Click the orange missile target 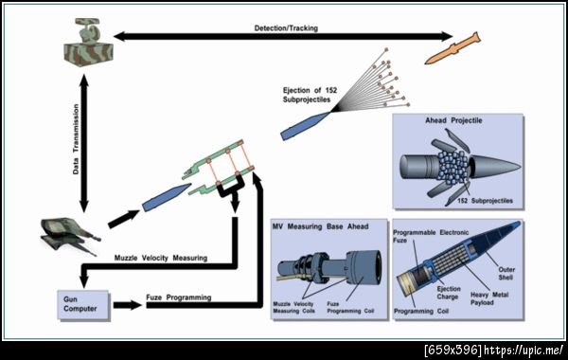(453, 48)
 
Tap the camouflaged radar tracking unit (88, 43)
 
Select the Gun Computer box (83, 304)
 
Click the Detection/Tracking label (286, 28)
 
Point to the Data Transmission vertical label (76, 139)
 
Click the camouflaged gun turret (69, 235)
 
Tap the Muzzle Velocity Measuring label (161, 258)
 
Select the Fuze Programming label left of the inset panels (179, 297)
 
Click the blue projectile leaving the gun (167, 197)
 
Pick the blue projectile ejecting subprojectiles (305, 126)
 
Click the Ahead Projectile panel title (453, 120)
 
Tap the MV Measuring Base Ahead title (320, 226)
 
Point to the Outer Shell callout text (506, 274)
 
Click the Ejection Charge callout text (449, 293)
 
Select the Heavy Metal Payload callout (489, 298)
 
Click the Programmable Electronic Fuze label (431, 236)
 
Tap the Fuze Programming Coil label (350, 308)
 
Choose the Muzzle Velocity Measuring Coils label (293, 308)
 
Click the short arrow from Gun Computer (128, 305)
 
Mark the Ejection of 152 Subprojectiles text (310, 95)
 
